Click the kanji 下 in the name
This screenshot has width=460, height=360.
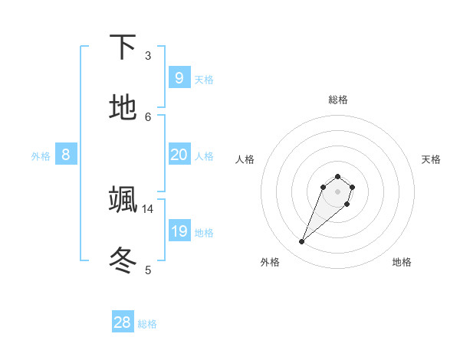pyautogui.click(x=123, y=47)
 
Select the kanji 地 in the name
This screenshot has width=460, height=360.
pyautogui.click(x=123, y=107)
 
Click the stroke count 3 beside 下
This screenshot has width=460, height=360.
pyautogui.click(x=148, y=55)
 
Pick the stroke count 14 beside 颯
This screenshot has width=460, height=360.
pyautogui.click(x=148, y=208)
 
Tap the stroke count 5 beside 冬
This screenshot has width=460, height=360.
pyautogui.click(x=148, y=269)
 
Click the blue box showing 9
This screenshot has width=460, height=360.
pyautogui.click(x=179, y=78)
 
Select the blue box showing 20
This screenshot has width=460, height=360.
pyautogui.click(x=179, y=155)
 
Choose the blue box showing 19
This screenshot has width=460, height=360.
pyautogui.click(x=179, y=231)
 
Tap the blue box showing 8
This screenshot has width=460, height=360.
pyautogui.click(x=65, y=155)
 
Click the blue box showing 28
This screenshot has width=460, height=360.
pyautogui.click(x=122, y=322)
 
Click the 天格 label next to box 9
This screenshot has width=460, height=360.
pyautogui.click(x=203, y=80)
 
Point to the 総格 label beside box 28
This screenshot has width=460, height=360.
pyautogui.click(x=147, y=324)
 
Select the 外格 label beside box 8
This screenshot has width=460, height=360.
pyautogui.click(x=41, y=156)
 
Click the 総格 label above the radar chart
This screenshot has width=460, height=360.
pyautogui.click(x=337, y=100)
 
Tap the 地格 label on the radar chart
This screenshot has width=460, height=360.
pyautogui.click(x=402, y=262)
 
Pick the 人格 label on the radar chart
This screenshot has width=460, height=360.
pyautogui.click(x=245, y=159)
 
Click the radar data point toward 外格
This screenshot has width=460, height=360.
pyautogui.click(x=301, y=242)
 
